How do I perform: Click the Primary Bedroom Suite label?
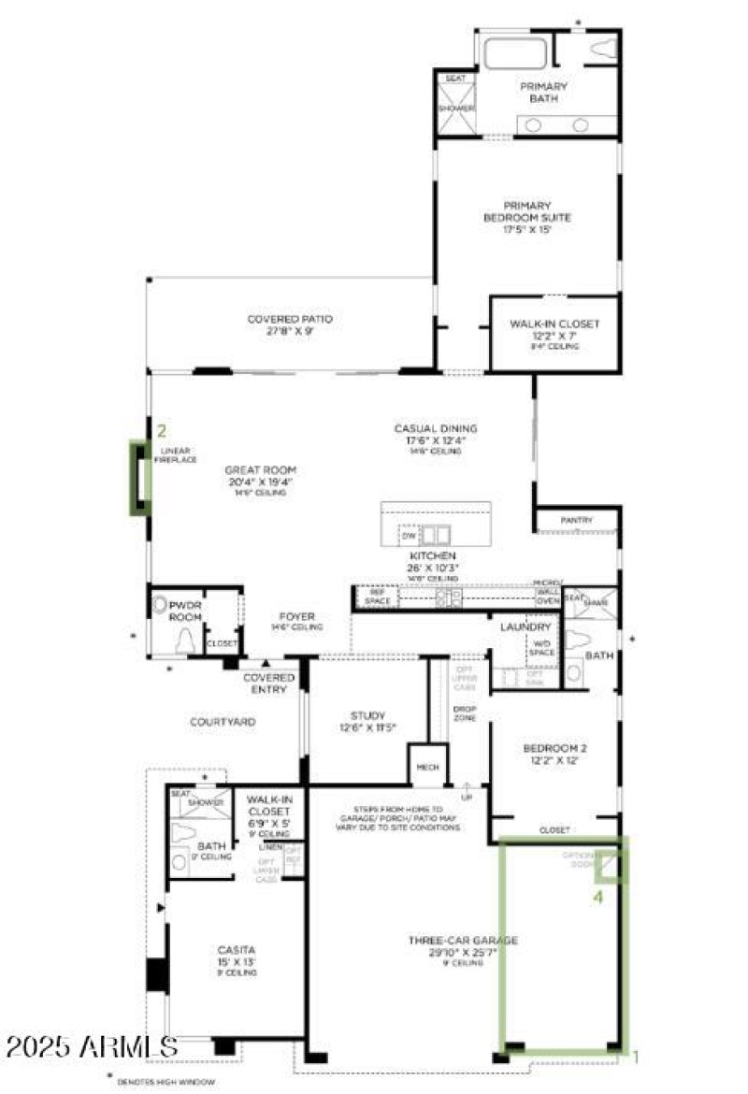[x=526, y=211]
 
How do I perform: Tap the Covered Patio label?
[x=290, y=319]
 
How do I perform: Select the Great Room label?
[x=260, y=470]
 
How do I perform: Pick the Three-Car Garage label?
[x=463, y=941]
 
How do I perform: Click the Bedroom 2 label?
[x=554, y=748]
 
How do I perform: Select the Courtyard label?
[x=223, y=722]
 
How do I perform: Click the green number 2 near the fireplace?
[x=162, y=431]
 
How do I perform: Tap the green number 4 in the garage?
[x=600, y=897]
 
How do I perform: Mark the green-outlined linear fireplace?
[x=139, y=478]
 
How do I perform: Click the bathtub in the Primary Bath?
[x=514, y=52]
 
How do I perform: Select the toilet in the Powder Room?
[x=187, y=641]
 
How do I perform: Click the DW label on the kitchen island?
[x=408, y=536]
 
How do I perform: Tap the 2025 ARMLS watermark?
[x=91, y=1046]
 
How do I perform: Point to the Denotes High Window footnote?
[x=165, y=1082]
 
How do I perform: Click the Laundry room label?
[x=525, y=626]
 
